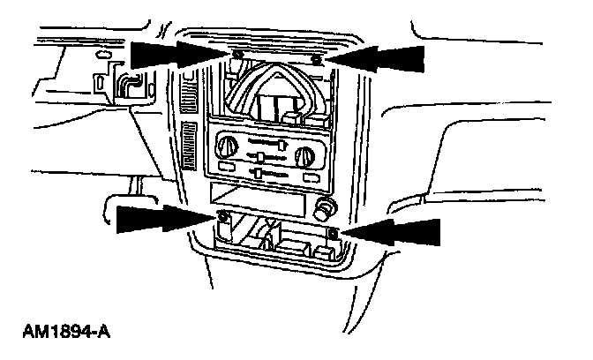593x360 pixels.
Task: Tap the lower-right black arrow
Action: click(393, 234)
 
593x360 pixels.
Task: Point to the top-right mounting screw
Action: click(318, 58)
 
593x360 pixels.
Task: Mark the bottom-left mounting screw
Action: click(223, 217)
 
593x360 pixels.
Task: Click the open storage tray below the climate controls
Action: click(265, 199)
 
